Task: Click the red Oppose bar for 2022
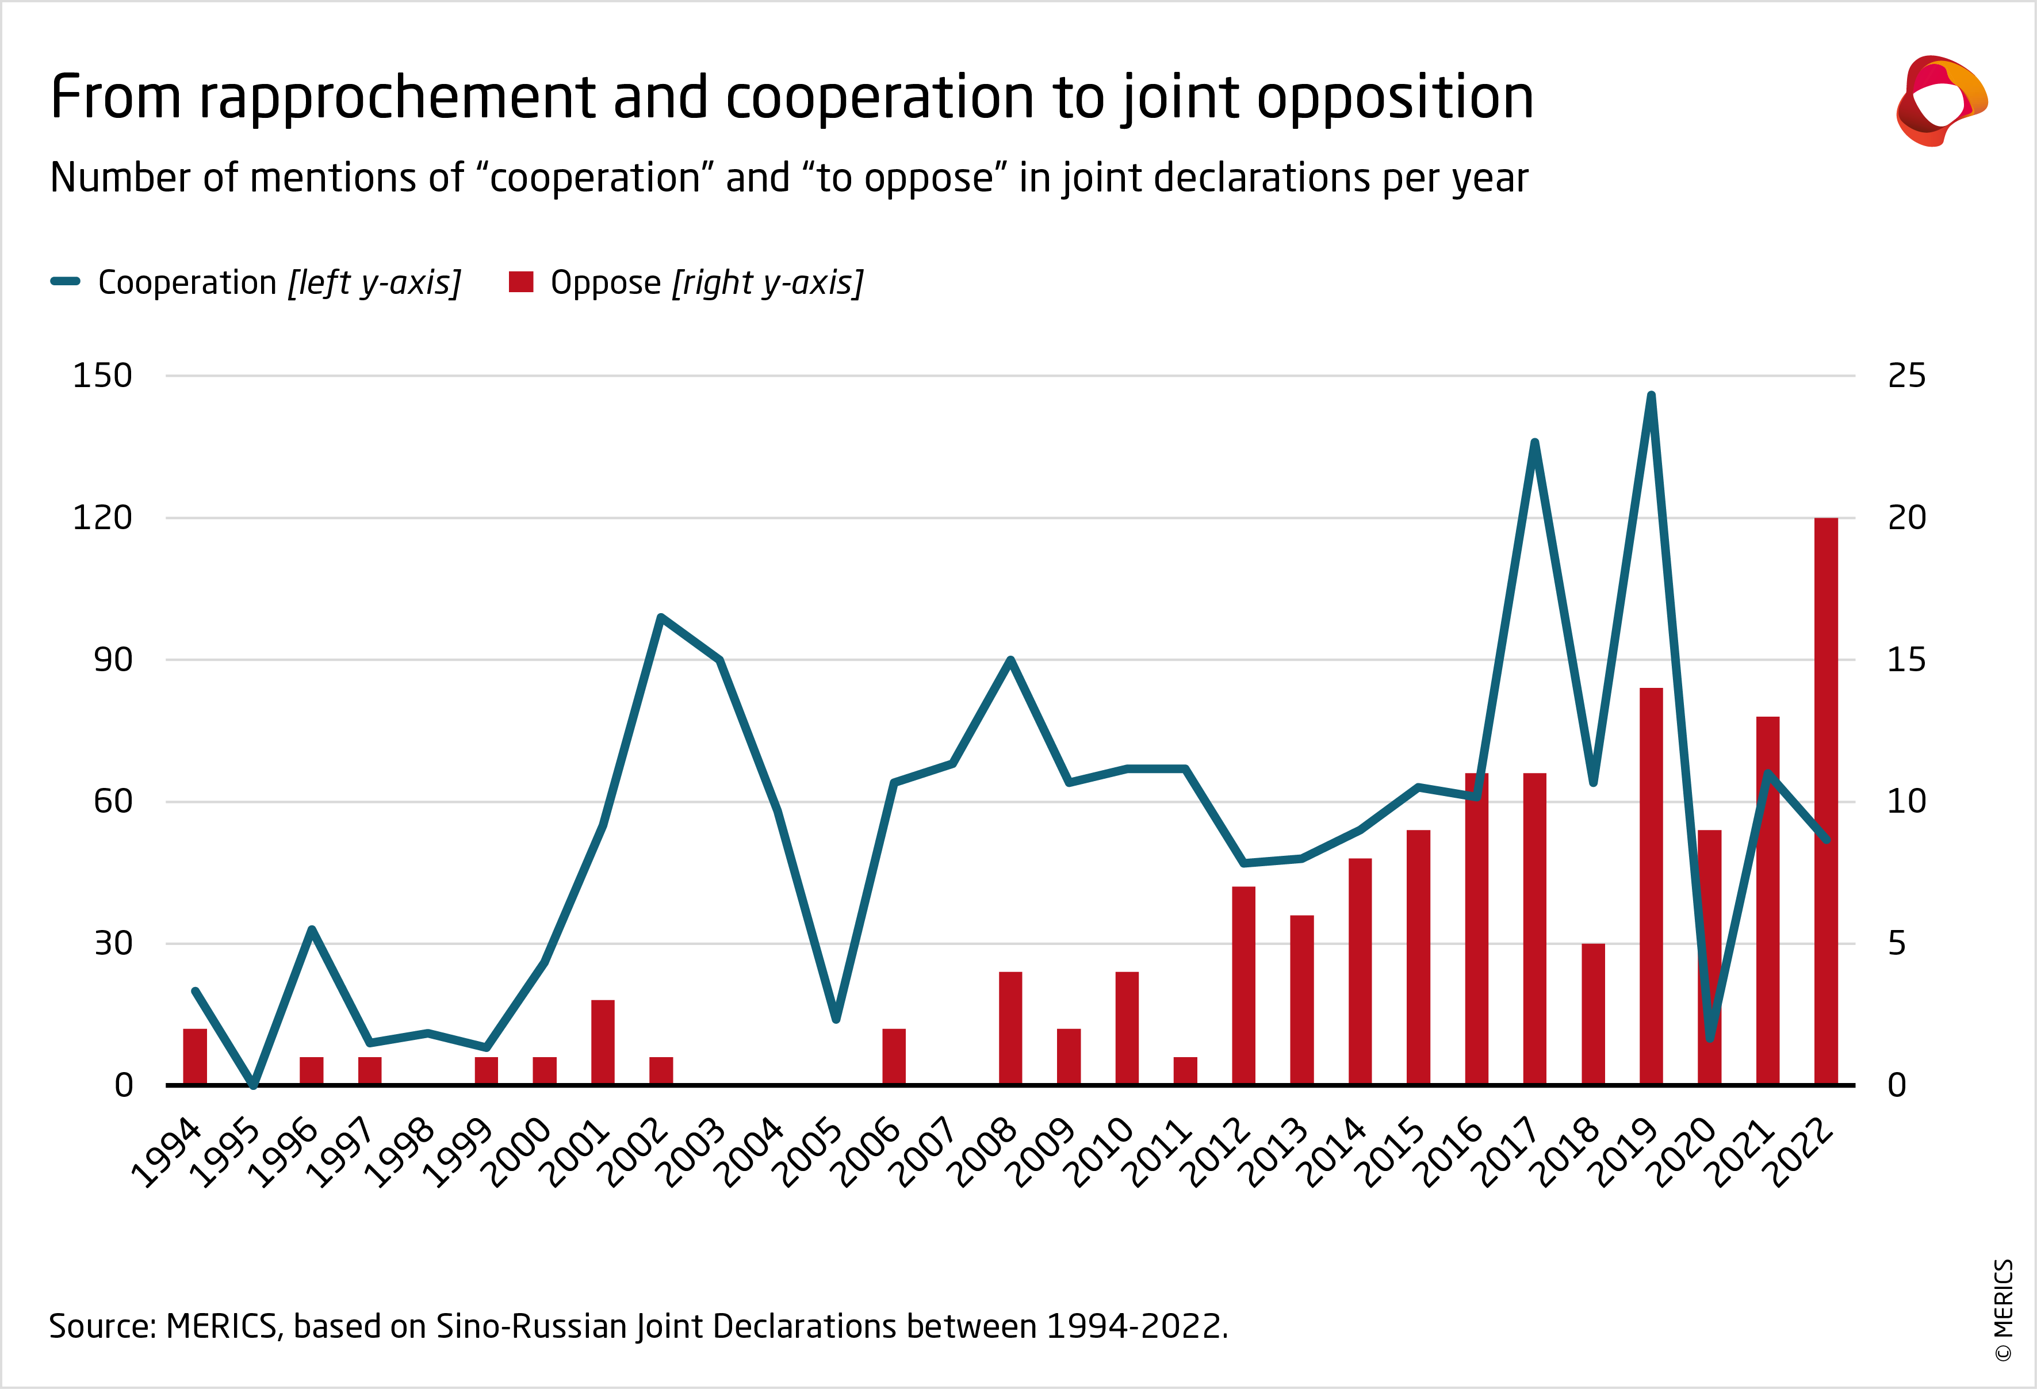tap(1826, 801)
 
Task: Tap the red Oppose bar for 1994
tap(194, 1057)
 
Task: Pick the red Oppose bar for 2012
tap(1244, 986)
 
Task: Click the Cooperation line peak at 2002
tap(661, 617)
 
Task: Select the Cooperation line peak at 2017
tap(1535, 442)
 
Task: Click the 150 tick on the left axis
tap(102, 376)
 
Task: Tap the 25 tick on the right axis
tap(1906, 376)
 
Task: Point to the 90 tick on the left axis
tap(113, 660)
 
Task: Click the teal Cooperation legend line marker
tap(66, 281)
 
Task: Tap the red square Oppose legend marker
tap(520, 281)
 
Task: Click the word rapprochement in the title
tap(397, 98)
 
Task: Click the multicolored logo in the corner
tap(1942, 101)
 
